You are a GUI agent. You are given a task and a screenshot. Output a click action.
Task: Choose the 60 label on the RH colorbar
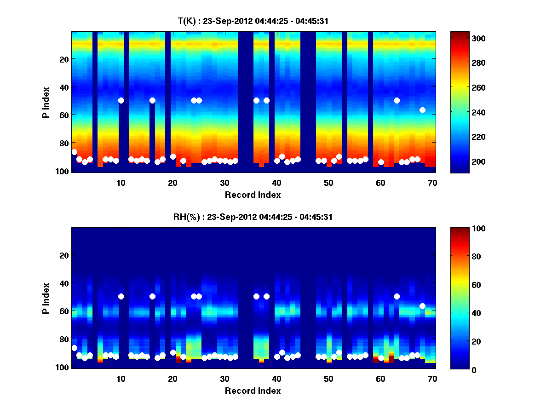[461, 285]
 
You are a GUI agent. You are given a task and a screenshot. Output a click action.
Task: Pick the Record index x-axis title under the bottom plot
[253, 391]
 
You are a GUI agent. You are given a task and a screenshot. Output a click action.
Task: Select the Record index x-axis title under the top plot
[253, 195]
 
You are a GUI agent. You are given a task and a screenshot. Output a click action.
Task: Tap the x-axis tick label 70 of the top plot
[432, 183]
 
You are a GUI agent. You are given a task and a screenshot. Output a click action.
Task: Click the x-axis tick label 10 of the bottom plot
[121, 379]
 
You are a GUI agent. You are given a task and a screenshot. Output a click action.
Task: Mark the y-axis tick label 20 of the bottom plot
[63, 255]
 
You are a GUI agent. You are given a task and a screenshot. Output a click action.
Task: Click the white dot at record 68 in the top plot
[422, 110]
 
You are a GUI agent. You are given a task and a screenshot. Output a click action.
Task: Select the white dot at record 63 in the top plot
[397, 100]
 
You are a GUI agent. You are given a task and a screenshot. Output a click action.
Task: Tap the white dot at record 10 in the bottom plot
[121, 296]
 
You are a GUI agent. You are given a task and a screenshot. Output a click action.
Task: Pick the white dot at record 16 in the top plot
[152, 100]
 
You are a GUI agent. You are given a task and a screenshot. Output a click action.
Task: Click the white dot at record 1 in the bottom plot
[75, 348]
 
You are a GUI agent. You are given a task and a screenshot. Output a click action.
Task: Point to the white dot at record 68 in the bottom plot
[422, 306]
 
